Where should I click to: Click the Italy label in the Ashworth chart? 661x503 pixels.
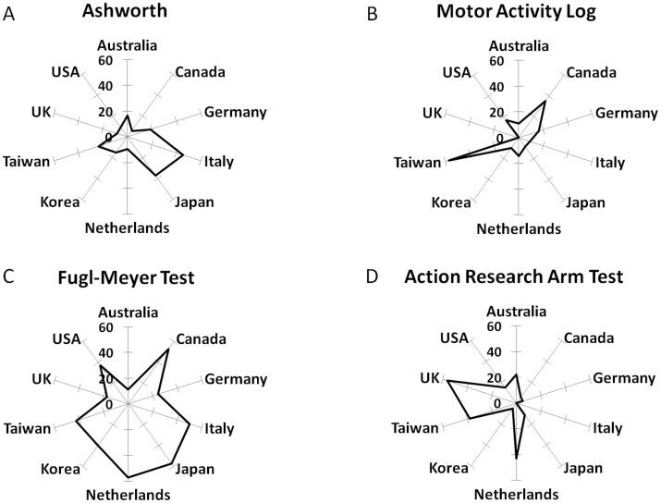point(218,162)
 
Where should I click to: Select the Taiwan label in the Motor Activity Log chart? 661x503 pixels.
point(416,163)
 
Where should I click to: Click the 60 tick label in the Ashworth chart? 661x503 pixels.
point(106,61)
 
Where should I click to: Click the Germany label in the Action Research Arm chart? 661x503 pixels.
point(616,378)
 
